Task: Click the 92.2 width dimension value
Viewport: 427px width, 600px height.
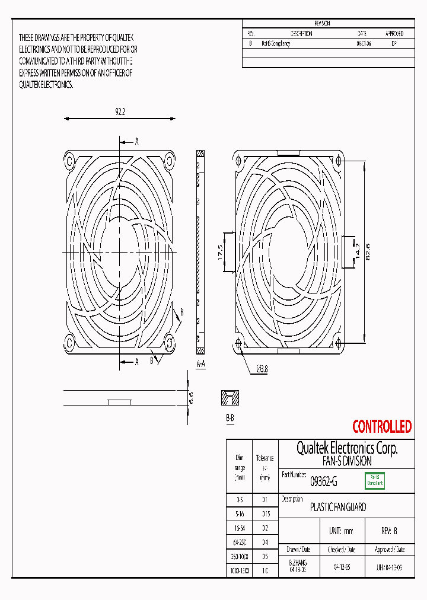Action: (x=120, y=111)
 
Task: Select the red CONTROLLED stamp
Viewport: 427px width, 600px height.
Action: (x=381, y=426)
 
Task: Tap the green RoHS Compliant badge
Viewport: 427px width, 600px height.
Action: (x=374, y=480)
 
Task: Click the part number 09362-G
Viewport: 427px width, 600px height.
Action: (x=324, y=482)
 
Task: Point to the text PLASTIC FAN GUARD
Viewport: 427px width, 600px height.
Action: (x=338, y=508)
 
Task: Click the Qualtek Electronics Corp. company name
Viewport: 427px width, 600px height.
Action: (x=346, y=448)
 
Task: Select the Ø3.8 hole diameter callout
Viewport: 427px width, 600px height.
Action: (x=262, y=369)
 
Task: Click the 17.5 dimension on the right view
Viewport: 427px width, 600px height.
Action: (x=220, y=251)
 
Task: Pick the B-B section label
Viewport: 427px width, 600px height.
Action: (x=230, y=418)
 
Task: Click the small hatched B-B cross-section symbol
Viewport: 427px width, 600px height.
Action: (x=230, y=398)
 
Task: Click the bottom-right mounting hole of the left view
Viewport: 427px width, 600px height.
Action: (x=169, y=343)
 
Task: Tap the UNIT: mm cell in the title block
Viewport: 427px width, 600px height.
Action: (x=340, y=531)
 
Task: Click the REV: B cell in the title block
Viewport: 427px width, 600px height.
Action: (x=389, y=531)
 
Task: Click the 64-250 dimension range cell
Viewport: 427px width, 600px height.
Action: (x=240, y=541)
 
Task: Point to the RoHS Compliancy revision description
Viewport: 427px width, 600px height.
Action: (x=276, y=44)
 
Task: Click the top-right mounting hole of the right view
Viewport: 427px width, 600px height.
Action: (x=339, y=159)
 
